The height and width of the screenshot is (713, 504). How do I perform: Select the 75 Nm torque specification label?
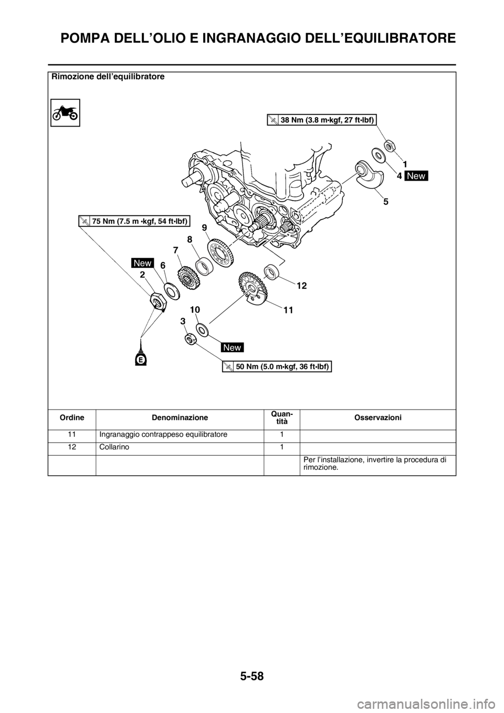click(x=134, y=221)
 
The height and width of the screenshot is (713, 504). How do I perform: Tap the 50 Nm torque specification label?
click(x=277, y=366)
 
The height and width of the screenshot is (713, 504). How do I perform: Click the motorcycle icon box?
click(x=65, y=113)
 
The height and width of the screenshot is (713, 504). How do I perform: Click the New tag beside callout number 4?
click(x=416, y=175)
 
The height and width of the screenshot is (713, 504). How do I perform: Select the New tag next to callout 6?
click(x=143, y=263)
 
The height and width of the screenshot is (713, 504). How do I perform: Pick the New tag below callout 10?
click(x=232, y=348)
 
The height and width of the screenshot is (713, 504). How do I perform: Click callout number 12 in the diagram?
click(x=302, y=286)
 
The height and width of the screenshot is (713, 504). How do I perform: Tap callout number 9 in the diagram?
click(x=204, y=227)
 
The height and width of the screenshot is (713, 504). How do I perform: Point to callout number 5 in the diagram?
click(x=386, y=202)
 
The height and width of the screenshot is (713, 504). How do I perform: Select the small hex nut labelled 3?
click(x=190, y=339)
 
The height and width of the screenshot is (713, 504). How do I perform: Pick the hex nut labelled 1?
click(x=390, y=146)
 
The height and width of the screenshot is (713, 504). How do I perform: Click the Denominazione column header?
click(x=180, y=417)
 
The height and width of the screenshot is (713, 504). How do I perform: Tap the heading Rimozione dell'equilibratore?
click(x=108, y=77)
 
